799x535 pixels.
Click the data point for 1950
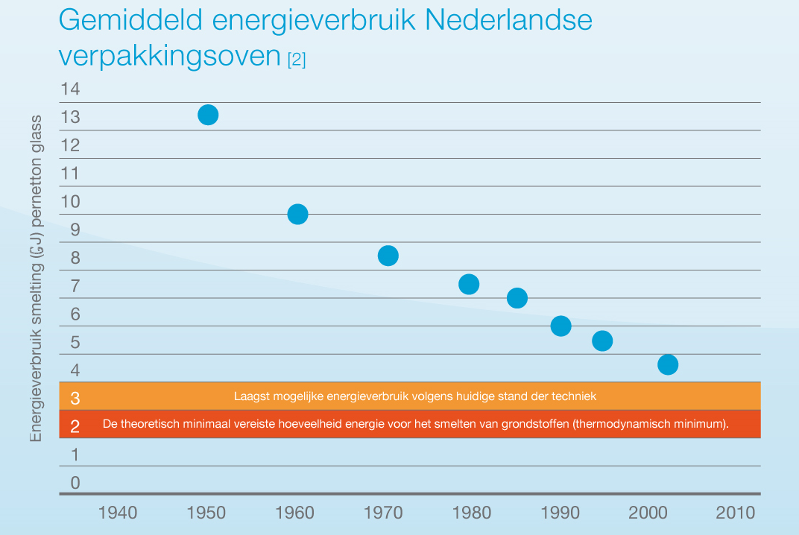(x=208, y=115)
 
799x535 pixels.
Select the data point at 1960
(x=297, y=215)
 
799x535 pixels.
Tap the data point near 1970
(x=388, y=256)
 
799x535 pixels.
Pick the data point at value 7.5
(x=469, y=284)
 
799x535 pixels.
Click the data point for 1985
(x=517, y=298)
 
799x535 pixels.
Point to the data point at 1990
(x=560, y=326)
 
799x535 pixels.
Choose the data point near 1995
(x=602, y=341)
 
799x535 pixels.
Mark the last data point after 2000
(x=668, y=364)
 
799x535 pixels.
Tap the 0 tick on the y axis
(x=75, y=483)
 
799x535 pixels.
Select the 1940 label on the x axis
(x=118, y=513)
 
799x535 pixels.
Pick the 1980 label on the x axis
(x=471, y=513)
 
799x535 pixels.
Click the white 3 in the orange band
(x=75, y=398)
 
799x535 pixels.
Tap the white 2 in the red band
(x=75, y=426)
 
